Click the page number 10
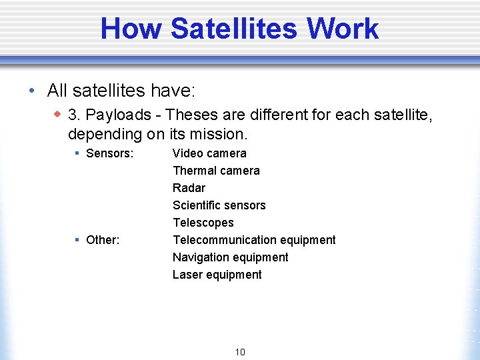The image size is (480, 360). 240,352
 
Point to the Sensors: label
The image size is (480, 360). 110,153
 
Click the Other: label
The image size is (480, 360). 103,240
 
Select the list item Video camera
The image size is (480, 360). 209,153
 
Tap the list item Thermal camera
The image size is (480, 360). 216,171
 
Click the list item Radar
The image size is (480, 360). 189,188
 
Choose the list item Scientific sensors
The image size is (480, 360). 219,205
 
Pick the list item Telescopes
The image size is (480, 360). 203,223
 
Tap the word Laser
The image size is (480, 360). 187,275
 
